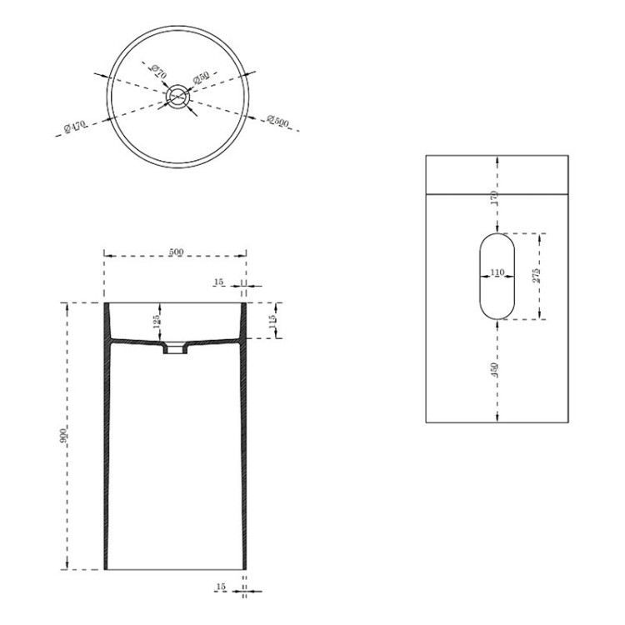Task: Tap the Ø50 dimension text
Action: (201, 77)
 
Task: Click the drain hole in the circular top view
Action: (177, 97)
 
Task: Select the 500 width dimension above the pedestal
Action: (176, 252)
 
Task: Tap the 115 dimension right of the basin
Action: (272, 321)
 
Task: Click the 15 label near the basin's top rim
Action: (219, 283)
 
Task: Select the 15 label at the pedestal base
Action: (220, 587)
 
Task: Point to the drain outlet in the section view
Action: (174, 350)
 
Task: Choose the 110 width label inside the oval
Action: (497, 272)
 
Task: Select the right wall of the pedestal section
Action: (242, 450)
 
